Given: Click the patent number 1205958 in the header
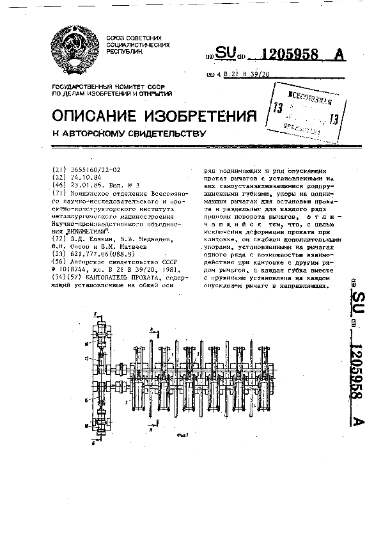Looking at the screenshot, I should click(x=292, y=55).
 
